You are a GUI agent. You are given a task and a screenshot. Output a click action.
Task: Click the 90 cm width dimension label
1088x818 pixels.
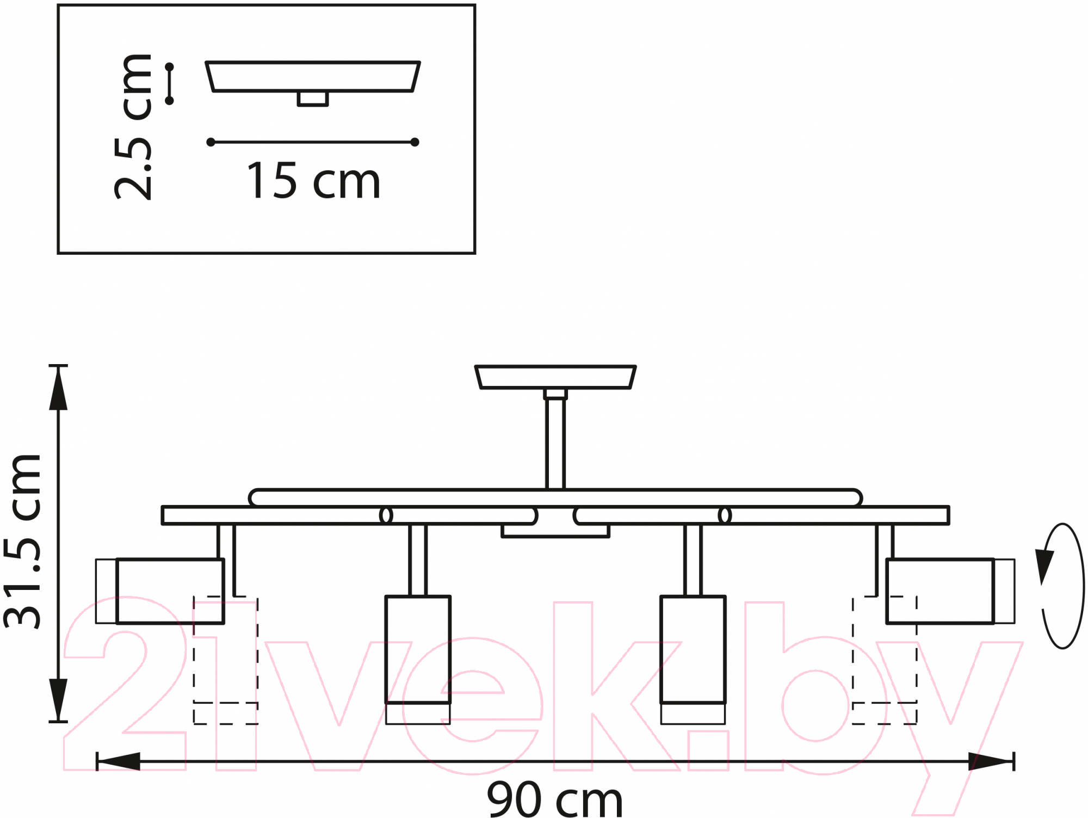point(555,799)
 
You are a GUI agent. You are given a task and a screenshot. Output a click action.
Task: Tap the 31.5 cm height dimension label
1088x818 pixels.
point(23,542)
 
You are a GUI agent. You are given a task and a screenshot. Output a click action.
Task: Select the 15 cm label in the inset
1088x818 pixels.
point(313,181)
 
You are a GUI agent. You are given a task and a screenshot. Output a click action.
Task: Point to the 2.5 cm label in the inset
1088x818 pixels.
point(133,127)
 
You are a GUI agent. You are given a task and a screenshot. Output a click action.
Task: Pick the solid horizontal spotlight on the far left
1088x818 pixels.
point(160,591)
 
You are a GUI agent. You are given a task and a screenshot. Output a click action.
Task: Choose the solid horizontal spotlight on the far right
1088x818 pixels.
point(950,591)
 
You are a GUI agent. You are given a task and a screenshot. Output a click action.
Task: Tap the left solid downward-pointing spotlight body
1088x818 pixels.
point(418,660)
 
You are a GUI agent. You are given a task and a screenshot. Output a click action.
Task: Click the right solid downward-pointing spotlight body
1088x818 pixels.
point(693,660)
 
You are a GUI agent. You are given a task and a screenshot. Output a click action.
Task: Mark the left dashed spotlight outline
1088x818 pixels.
point(226,660)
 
